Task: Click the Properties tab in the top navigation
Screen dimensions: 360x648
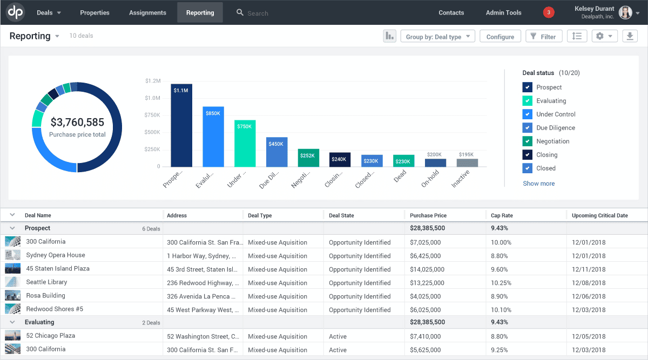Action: pyautogui.click(x=94, y=12)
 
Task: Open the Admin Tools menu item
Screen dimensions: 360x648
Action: pyautogui.click(x=503, y=12)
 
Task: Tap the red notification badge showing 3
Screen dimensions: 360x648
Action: pyautogui.click(x=549, y=12)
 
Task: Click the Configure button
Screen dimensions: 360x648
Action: pyautogui.click(x=500, y=37)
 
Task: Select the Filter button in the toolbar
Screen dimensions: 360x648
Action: pyautogui.click(x=543, y=37)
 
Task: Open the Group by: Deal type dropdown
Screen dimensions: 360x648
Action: pyautogui.click(x=437, y=37)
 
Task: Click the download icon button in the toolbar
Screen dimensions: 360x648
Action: pyautogui.click(x=630, y=36)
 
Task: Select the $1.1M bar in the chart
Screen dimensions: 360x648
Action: pyautogui.click(x=181, y=125)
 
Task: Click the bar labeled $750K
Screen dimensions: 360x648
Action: pyautogui.click(x=245, y=144)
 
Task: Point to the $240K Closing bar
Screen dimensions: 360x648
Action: pyautogui.click(x=340, y=159)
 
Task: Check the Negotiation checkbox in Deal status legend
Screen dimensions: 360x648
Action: pyautogui.click(x=528, y=141)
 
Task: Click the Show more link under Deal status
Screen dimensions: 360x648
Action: pyautogui.click(x=538, y=184)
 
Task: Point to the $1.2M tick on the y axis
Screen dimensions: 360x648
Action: pyautogui.click(x=153, y=81)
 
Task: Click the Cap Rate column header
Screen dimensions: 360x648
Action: pyautogui.click(x=502, y=215)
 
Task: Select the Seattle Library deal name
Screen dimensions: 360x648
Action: pyautogui.click(x=46, y=282)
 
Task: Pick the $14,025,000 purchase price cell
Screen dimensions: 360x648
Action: pyautogui.click(x=427, y=269)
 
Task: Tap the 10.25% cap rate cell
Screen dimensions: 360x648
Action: pyautogui.click(x=501, y=283)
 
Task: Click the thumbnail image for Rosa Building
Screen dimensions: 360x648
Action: pyautogui.click(x=12, y=296)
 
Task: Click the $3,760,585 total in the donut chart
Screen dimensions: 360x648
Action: pyautogui.click(x=77, y=123)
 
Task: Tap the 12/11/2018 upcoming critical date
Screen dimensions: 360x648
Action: pyautogui.click(x=589, y=269)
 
